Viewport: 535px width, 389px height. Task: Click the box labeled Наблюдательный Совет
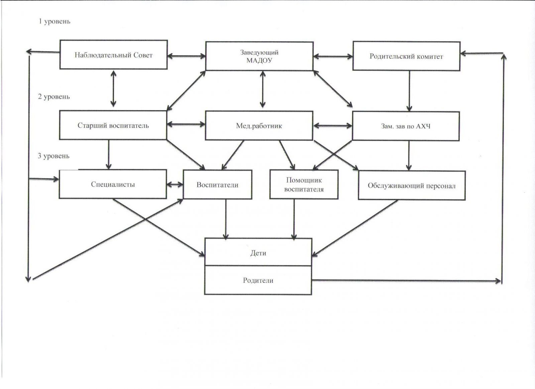pos(113,55)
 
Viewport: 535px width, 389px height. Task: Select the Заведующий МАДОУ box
pos(259,56)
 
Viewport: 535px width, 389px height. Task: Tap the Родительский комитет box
pos(406,56)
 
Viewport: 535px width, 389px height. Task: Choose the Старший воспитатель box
pos(113,126)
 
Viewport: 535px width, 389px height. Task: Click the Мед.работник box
pos(259,126)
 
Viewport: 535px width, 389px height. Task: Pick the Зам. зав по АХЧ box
pos(406,126)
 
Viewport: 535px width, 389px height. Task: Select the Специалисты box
pos(113,184)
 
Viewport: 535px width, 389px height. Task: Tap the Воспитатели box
pos(217,185)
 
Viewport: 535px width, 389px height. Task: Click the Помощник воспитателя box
pos(304,185)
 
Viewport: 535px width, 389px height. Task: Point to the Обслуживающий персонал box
pos(412,186)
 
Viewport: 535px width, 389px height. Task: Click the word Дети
pos(258,253)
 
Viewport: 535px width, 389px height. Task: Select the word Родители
pos(258,281)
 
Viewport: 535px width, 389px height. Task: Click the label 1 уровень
pos(55,21)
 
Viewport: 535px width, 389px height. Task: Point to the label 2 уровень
pos(54,97)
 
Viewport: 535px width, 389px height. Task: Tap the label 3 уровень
pos(53,156)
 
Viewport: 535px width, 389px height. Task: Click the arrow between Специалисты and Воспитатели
pos(175,184)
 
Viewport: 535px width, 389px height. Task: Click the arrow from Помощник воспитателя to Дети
pos(294,219)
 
